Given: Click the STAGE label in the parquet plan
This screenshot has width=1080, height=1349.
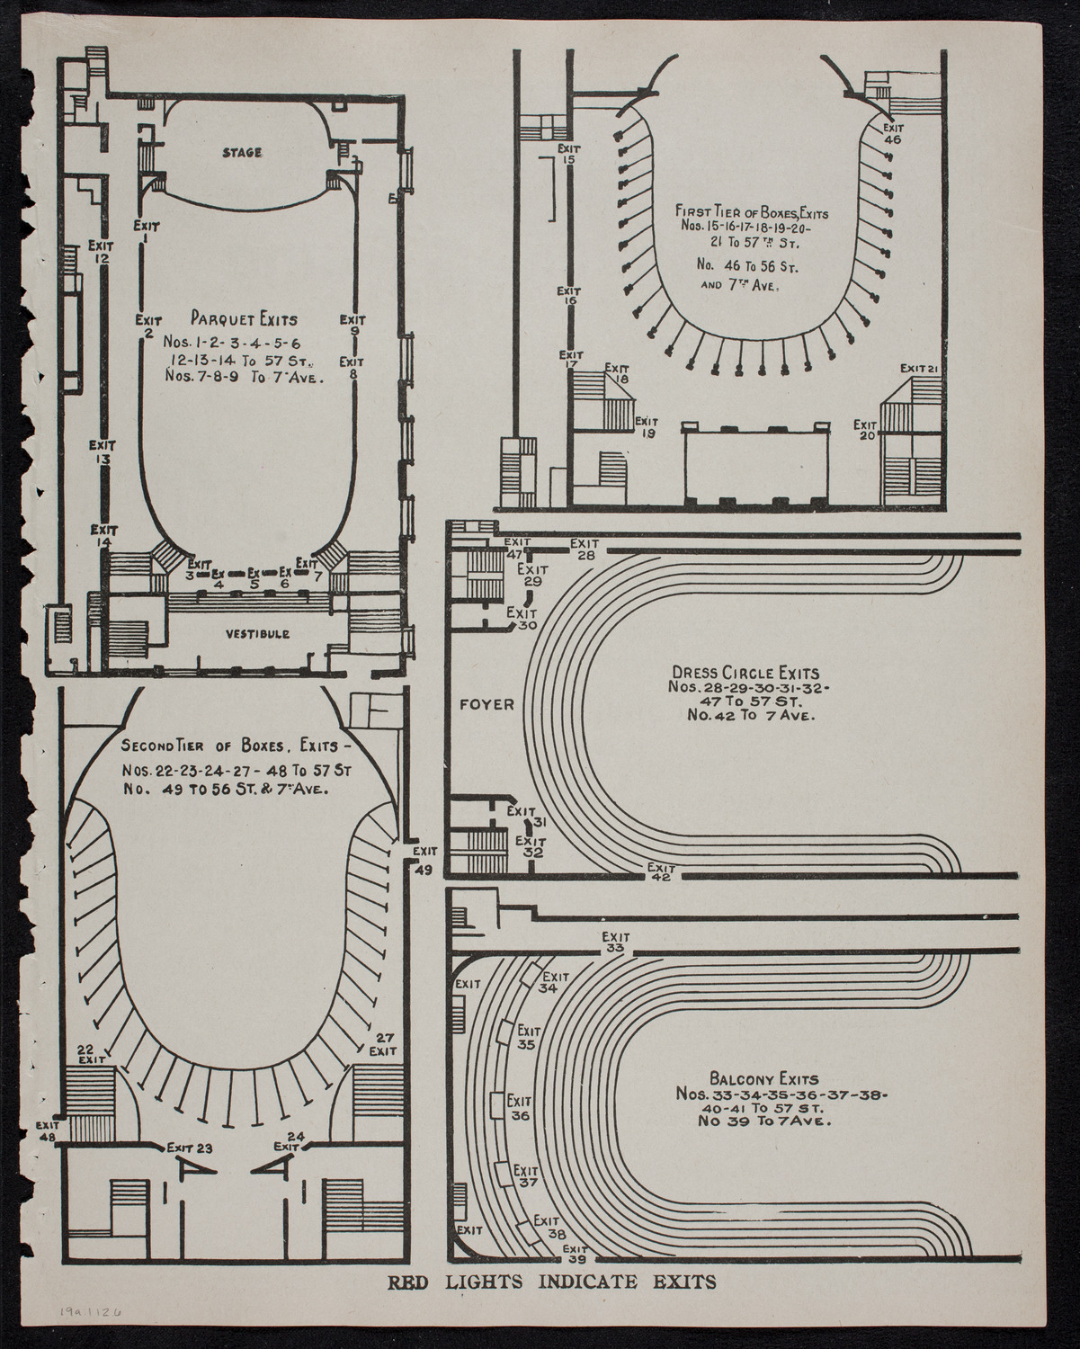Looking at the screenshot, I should click(242, 152).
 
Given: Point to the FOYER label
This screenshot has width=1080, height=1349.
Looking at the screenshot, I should click(486, 705).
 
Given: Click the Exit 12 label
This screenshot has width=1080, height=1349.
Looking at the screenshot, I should click(100, 251).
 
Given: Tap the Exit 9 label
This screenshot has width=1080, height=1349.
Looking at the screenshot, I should click(353, 325).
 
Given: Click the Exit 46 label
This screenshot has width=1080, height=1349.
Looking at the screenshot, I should click(892, 133).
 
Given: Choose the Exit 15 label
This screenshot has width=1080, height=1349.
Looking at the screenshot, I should click(567, 154).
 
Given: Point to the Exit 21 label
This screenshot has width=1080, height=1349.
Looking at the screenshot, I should click(920, 369).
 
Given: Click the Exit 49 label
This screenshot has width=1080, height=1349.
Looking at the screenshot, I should click(424, 859).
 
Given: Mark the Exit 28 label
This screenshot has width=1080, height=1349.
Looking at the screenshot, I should click(585, 549).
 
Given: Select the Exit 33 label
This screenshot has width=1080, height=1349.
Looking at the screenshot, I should click(615, 942).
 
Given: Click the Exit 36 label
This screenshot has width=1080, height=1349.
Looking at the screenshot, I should click(520, 1108).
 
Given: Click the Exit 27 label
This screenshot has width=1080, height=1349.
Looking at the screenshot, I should click(384, 1043).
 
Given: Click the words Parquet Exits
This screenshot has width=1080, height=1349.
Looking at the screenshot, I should click(244, 318).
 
